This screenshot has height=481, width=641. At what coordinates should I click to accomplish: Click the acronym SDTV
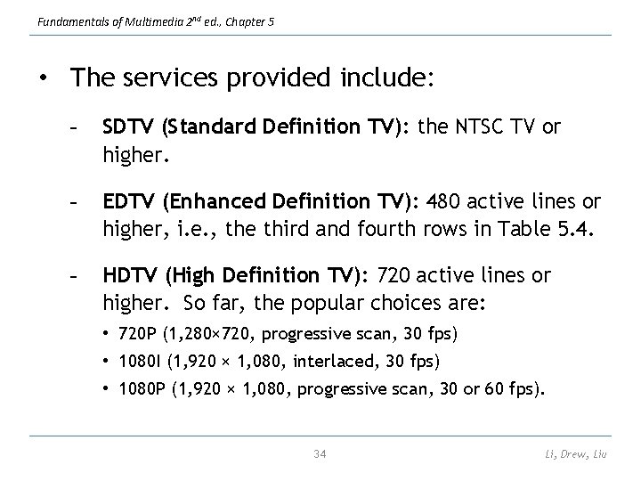128,127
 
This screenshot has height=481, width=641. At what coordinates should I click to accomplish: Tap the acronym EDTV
128,202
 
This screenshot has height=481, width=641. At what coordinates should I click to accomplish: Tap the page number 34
320,454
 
